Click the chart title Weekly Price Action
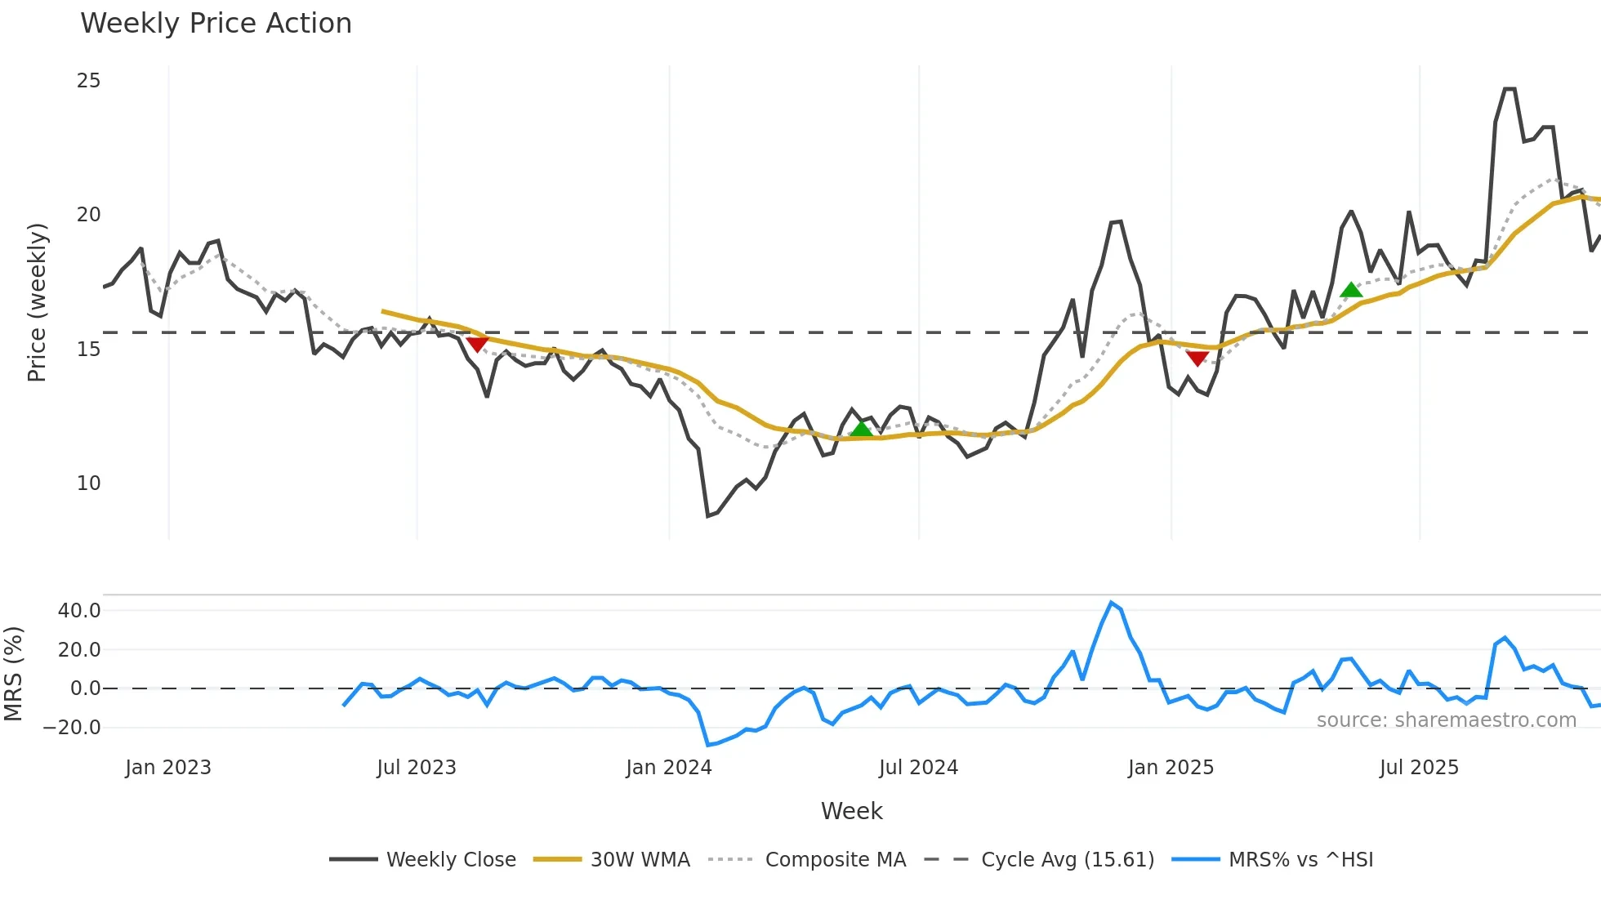pos(216,24)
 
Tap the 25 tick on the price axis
pos(88,81)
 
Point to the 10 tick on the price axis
pos(88,483)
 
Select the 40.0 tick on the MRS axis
pos(79,611)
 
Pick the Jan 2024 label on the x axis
pos(669,768)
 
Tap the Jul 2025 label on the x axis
pos(1419,768)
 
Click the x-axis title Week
pos(851,811)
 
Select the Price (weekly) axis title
pos(37,302)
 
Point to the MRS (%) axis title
pos(13,674)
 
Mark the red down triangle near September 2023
pos(477,344)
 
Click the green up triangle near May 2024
pos(861,429)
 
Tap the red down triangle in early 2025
pos(1197,358)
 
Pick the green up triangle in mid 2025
pos(1351,290)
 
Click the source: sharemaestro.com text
pos(1446,720)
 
